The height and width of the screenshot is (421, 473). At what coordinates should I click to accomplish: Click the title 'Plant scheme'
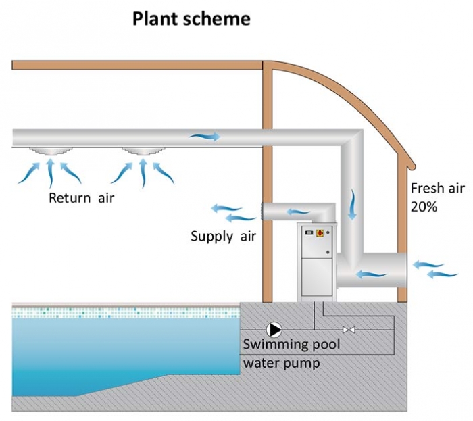point(191,18)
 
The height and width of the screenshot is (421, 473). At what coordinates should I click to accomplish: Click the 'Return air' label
point(82,199)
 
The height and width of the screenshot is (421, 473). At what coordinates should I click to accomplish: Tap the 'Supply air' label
point(221,236)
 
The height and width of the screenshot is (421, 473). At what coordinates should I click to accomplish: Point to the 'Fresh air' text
point(436,189)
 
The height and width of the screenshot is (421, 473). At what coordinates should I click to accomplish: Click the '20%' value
point(424,207)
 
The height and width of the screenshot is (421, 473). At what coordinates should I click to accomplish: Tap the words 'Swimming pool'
point(291,345)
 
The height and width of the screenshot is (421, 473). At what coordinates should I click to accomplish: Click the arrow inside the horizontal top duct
point(204,137)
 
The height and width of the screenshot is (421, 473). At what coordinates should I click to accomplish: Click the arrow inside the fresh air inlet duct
point(372,274)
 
